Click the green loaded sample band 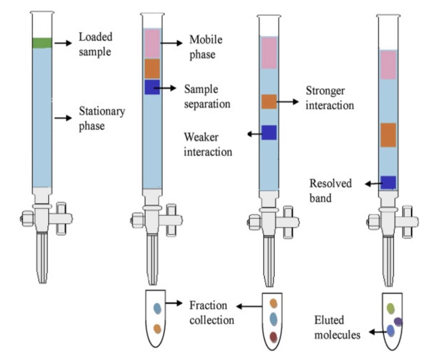[42, 43]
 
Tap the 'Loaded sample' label [97, 43]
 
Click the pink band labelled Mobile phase [151, 43]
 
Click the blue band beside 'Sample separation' [151, 88]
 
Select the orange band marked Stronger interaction [268, 101]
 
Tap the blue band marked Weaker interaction [268, 132]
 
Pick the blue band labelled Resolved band [389, 182]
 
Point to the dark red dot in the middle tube [274, 336]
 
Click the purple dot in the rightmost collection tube [398, 322]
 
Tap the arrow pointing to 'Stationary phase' [63, 118]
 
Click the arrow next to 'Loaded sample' [63, 43]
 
